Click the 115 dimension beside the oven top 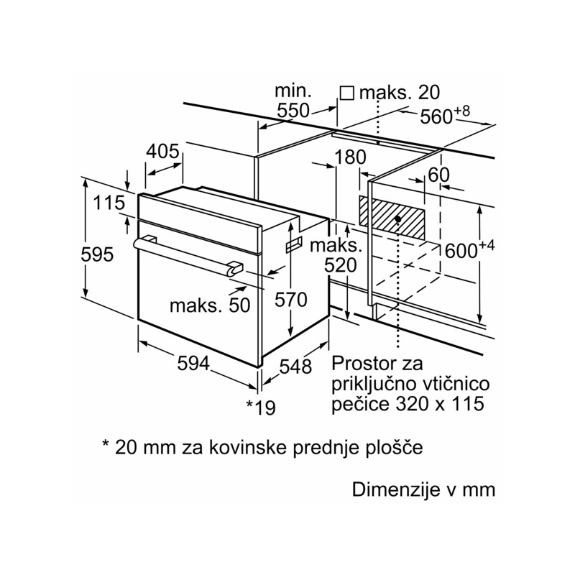pyautogui.click(x=109, y=203)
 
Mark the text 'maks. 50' pyautogui.click(x=210, y=305)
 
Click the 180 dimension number pyautogui.click(x=350, y=157)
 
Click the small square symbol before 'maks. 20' pyautogui.click(x=346, y=93)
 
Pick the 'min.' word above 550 pyautogui.click(x=293, y=91)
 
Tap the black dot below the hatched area pyautogui.click(x=397, y=219)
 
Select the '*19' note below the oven pyautogui.click(x=260, y=408)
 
